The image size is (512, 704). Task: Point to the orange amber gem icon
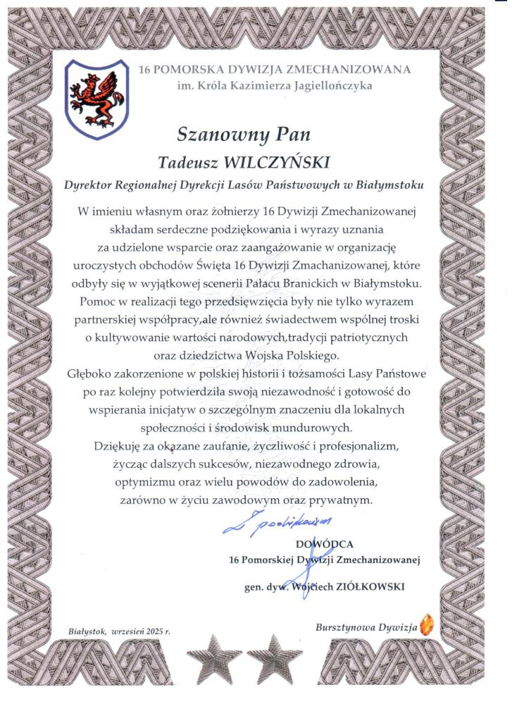click(x=426, y=624)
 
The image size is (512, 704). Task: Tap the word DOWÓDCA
click(x=325, y=543)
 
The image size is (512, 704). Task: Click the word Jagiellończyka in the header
click(x=330, y=86)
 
